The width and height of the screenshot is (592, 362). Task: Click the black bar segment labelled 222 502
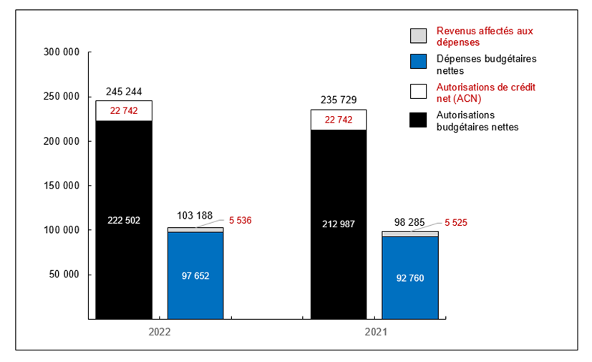click(124, 220)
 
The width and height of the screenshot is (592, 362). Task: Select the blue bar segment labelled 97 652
click(195, 275)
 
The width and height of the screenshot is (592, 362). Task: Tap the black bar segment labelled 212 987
click(338, 224)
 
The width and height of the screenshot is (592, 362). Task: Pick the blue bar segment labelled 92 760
click(409, 277)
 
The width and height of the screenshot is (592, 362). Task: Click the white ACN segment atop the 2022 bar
click(124, 110)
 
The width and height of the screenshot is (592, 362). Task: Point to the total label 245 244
click(124, 92)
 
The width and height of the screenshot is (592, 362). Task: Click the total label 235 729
click(338, 100)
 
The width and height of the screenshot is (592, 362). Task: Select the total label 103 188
click(195, 216)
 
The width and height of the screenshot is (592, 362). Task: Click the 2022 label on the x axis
click(160, 333)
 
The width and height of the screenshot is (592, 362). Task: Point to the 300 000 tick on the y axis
click(62, 52)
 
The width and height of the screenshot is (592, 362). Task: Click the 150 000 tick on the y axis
click(62, 186)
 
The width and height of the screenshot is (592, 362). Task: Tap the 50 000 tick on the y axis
click(65, 275)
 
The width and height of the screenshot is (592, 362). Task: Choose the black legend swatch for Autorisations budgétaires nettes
click(418, 120)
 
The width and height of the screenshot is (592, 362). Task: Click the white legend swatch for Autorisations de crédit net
click(418, 91)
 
